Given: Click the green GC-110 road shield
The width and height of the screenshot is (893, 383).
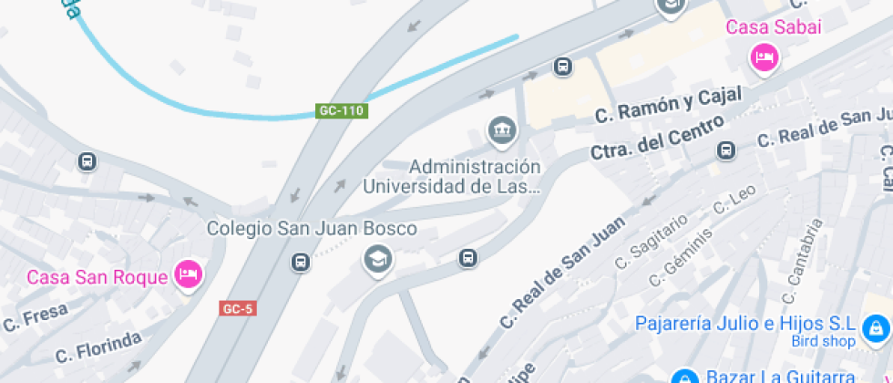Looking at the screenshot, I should [342, 110].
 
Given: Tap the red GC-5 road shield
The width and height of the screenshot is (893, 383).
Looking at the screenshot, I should [237, 308].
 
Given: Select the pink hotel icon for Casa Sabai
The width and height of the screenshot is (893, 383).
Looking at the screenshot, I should [764, 59].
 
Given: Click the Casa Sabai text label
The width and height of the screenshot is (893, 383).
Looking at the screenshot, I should [774, 27].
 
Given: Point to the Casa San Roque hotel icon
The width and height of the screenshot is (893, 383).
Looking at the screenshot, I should [188, 274].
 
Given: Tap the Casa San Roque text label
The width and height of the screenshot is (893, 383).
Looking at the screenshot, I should [98, 277].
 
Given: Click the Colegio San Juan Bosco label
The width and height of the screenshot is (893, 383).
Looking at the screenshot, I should [312, 228].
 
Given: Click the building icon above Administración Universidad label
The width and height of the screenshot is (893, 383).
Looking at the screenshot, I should [500, 131].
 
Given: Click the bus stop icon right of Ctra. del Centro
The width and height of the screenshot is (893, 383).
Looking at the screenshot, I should [726, 150].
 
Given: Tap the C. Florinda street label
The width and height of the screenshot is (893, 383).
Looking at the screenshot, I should [98, 347].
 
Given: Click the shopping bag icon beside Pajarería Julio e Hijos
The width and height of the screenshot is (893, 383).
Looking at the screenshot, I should [876, 326].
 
